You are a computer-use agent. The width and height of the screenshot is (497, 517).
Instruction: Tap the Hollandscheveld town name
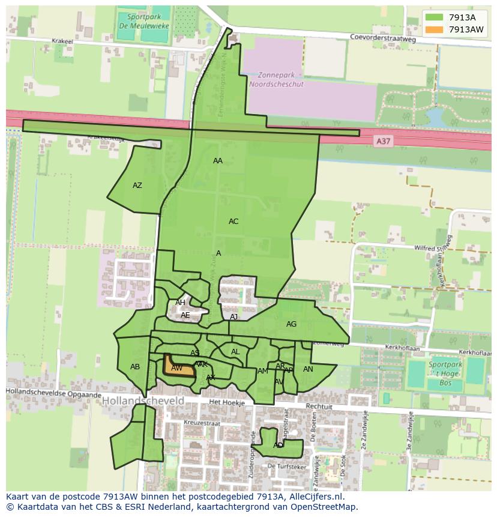point(143,401)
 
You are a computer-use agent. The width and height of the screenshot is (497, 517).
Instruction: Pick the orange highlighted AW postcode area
point(178,367)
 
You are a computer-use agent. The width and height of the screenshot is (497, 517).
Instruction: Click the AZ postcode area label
point(137,186)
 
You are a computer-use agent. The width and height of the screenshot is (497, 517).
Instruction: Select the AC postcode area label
point(233,222)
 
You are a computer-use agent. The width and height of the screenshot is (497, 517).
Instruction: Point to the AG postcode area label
point(291,324)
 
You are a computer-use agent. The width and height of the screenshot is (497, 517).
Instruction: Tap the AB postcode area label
point(135,367)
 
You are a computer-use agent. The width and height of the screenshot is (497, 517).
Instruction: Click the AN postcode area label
point(308,369)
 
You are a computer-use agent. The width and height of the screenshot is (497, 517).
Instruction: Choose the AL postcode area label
point(235,352)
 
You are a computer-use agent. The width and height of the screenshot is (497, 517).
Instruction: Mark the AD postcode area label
point(278,446)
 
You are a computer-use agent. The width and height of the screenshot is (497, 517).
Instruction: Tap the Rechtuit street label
point(319,407)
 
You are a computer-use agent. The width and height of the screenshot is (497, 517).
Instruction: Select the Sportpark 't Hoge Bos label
point(445,373)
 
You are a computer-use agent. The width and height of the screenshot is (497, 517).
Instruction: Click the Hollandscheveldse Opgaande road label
point(54,393)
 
